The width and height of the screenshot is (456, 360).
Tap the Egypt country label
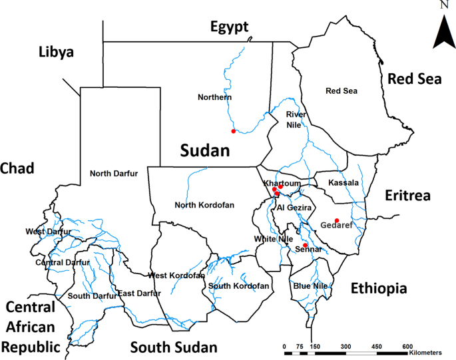tap(229, 27)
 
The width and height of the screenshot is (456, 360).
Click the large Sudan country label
tap(204, 150)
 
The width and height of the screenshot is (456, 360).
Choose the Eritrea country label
tap(408, 196)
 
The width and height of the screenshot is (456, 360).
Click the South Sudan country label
tap(173, 347)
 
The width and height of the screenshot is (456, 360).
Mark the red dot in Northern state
tap(233, 131)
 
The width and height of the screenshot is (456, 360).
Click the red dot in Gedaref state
tap(337, 220)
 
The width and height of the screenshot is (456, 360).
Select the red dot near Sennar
tap(305, 245)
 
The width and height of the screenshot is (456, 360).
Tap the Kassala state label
tap(344, 182)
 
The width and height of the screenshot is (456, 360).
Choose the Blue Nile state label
tap(310, 285)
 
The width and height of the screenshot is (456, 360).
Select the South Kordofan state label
tap(238, 285)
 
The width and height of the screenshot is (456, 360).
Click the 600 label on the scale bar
tap(407, 347)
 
